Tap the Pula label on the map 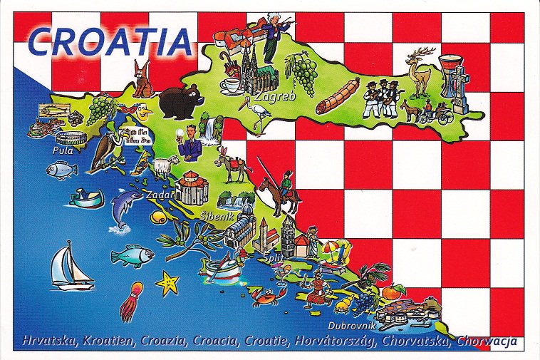tap(62, 150)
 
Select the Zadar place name tap(157, 194)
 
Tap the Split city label tap(273, 257)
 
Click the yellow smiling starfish tap(167, 283)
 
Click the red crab tap(265, 297)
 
